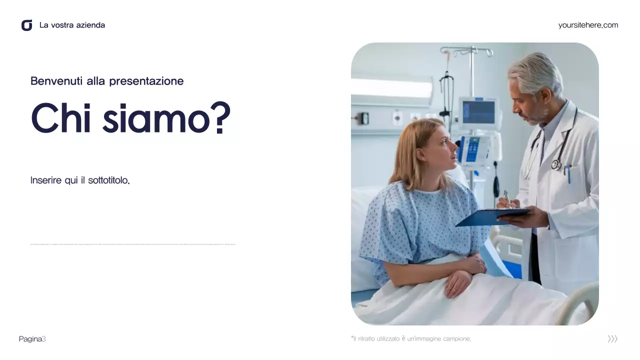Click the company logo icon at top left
point(27,25)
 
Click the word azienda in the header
point(90,25)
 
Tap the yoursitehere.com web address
point(588,25)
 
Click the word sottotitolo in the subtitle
point(108,180)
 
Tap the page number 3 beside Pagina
point(44,339)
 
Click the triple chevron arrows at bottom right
point(612,339)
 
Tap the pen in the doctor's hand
point(507,197)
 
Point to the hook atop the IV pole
point(467,50)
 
